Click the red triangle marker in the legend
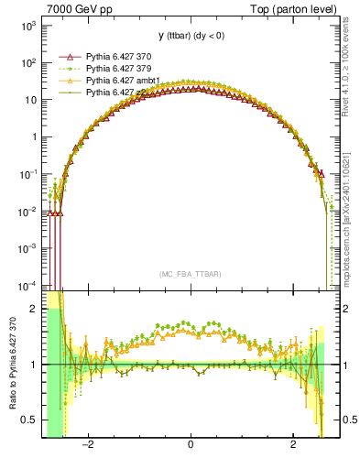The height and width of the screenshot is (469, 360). tap(66, 56)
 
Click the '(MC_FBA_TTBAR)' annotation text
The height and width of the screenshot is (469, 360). tap(191, 274)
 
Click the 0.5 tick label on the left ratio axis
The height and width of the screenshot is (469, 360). tap(29, 420)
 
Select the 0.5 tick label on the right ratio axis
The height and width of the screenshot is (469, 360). tap(350, 420)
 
